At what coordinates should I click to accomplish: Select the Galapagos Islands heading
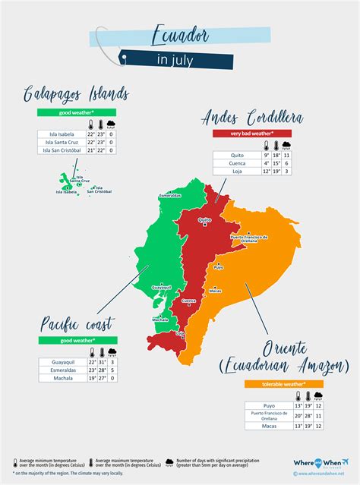tap(75, 93)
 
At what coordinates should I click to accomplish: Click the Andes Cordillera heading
tap(253, 117)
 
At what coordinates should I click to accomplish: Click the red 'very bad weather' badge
tap(252, 134)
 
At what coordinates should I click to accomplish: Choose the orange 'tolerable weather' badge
tap(283, 384)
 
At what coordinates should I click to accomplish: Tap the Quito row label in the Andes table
tap(238, 155)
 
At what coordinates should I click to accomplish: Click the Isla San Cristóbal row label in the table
tap(61, 150)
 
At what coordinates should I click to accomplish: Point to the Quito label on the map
tap(204, 220)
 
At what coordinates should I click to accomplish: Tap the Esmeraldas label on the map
tap(170, 195)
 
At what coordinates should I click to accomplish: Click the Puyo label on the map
tap(219, 267)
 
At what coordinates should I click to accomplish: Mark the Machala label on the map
tap(159, 320)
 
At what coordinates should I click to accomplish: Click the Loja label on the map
tap(180, 333)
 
